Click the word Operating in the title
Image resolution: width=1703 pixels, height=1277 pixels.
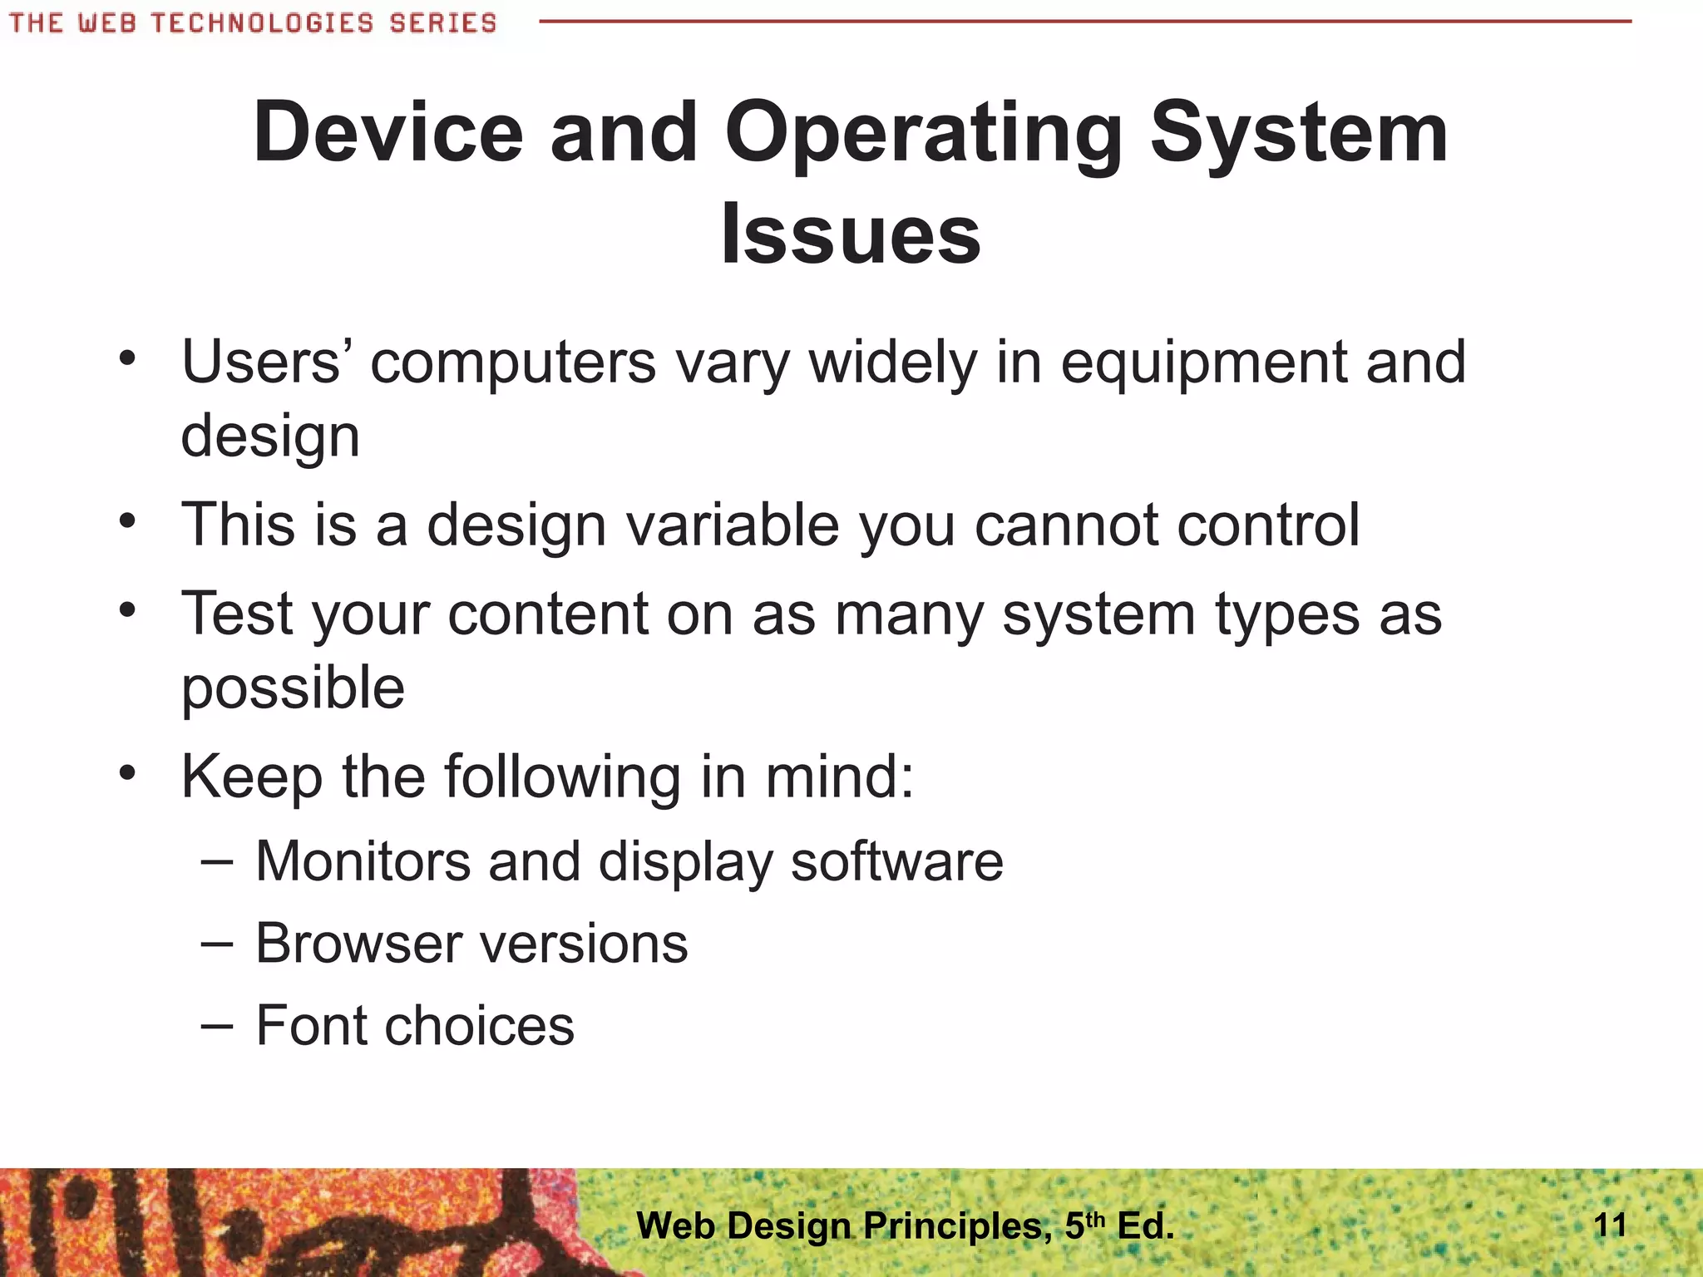(x=923, y=133)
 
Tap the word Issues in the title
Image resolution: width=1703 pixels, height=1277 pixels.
(x=851, y=234)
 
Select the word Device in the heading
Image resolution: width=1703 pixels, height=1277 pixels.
(x=388, y=133)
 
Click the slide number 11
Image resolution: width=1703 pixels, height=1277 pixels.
(x=1610, y=1225)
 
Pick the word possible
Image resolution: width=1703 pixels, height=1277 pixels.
(x=293, y=689)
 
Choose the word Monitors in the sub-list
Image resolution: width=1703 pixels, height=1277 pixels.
(x=363, y=860)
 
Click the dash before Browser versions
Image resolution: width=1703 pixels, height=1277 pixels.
(x=216, y=944)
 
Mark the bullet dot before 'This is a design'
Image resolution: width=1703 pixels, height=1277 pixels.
(x=126, y=522)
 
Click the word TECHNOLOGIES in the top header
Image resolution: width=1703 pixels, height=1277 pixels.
(x=262, y=22)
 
